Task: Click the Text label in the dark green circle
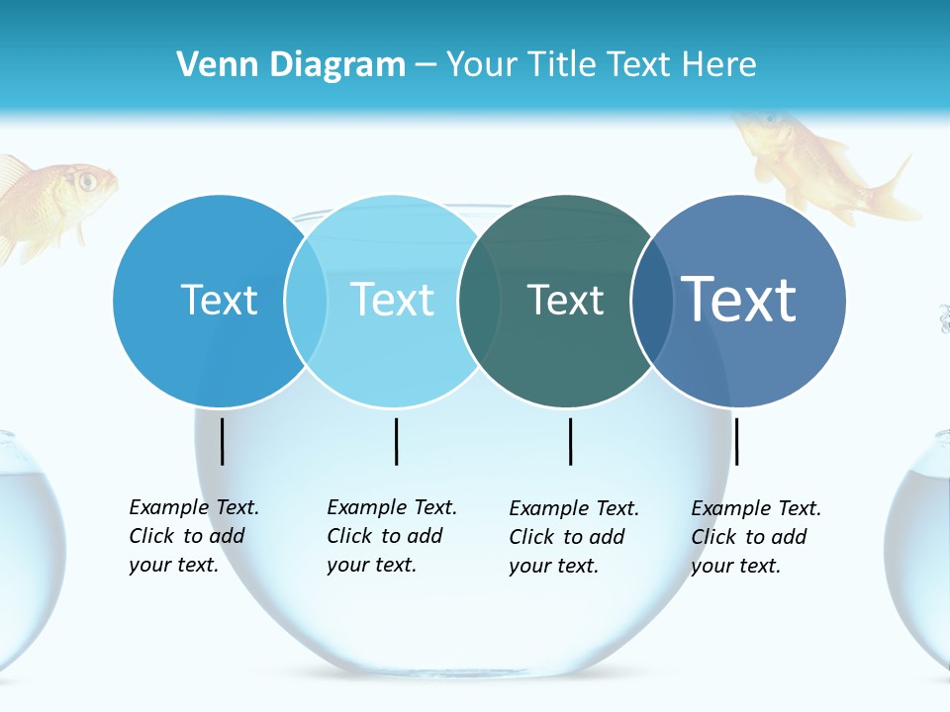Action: tap(565, 301)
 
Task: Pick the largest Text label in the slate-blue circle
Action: tap(738, 300)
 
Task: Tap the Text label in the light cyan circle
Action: tap(392, 300)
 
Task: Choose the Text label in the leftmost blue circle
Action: tap(219, 301)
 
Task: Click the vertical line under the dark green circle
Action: tap(571, 441)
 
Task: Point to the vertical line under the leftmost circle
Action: tap(223, 441)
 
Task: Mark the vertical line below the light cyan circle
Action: tap(397, 441)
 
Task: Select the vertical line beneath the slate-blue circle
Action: tap(736, 441)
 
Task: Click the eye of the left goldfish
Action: tap(87, 181)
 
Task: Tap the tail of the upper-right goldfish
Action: tap(896, 198)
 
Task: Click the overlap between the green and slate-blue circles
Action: tap(649, 301)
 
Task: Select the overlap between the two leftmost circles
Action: tap(306, 301)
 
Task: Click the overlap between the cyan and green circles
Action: tap(479, 301)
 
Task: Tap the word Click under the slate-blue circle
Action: tap(712, 537)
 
